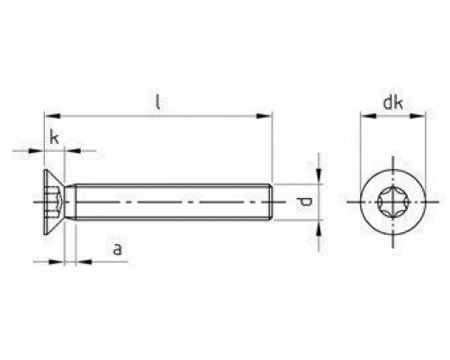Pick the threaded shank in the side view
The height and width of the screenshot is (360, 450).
[x=171, y=203]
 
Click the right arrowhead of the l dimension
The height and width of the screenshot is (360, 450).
[x=267, y=114]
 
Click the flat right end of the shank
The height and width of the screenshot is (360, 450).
[x=272, y=203]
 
